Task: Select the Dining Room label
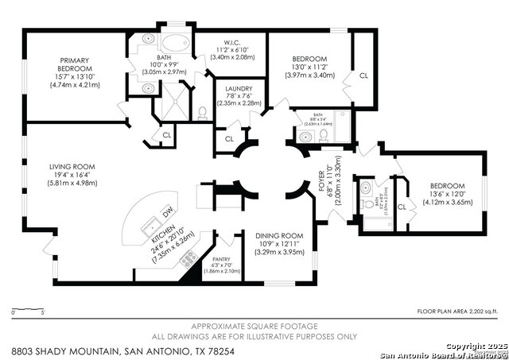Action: [x=279, y=235]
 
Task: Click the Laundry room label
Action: [x=239, y=89]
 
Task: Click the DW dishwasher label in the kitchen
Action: [x=166, y=213]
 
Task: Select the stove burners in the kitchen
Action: [x=189, y=258]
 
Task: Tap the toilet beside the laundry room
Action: [x=202, y=112]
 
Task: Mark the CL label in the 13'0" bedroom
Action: [x=363, y=75]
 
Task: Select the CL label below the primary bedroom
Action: [x=167, y=135]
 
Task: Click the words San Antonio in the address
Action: [x=161, y=350]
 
